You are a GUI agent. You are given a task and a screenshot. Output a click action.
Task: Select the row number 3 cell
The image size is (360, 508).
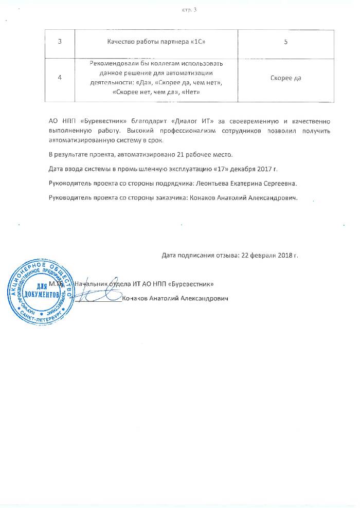(x=60, y=41)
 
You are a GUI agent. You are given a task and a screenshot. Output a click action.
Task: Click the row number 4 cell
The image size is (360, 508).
(x=60, y=78)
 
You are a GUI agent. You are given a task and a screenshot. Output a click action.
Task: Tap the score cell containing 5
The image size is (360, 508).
(x=285, y=41)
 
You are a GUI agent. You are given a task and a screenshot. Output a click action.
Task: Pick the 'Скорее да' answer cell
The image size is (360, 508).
(x=285, y=78)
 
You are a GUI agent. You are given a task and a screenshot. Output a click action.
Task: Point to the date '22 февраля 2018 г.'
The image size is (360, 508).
(x=269, y=255)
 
